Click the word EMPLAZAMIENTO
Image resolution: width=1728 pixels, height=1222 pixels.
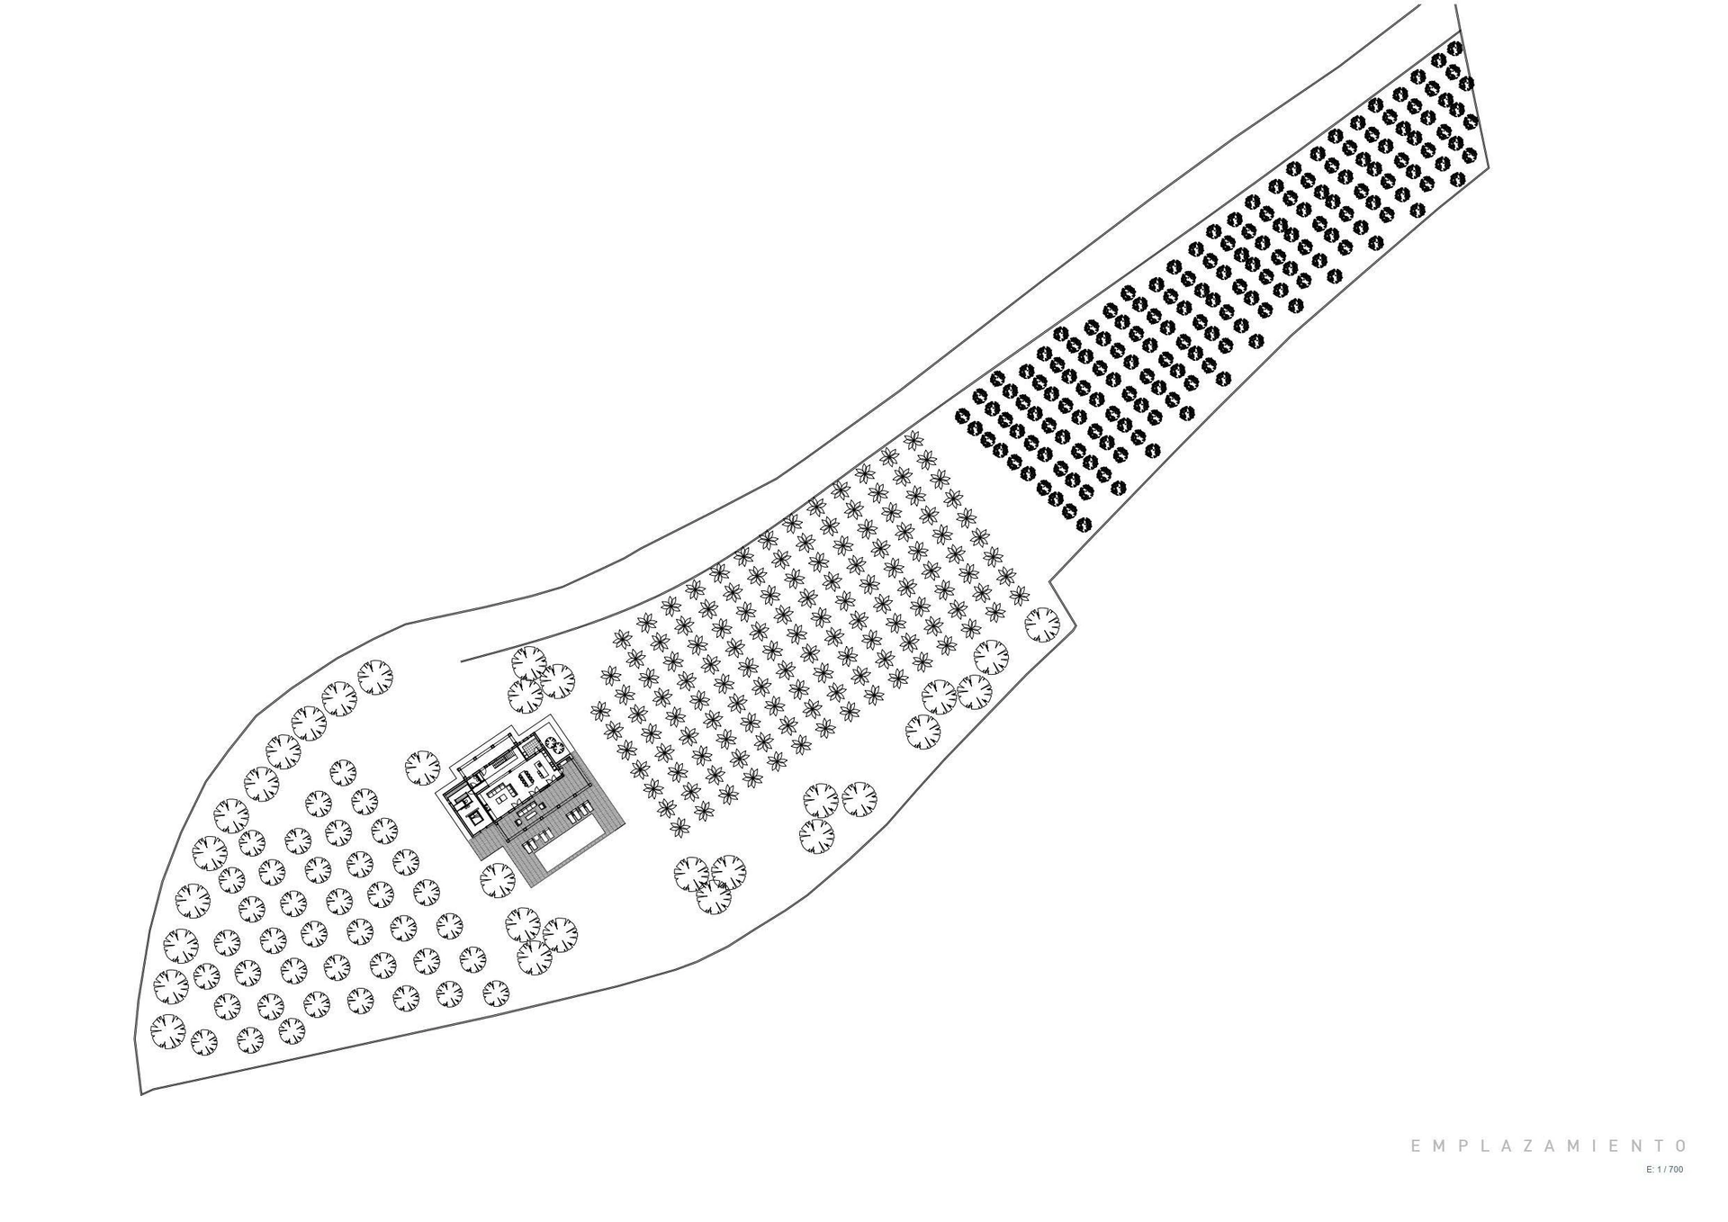(1548, 1146)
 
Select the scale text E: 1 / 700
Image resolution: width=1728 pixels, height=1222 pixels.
(1664, 1170)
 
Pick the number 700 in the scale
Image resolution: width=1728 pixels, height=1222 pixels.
(1676, 1170)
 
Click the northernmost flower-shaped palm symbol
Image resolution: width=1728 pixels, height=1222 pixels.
(913, 440)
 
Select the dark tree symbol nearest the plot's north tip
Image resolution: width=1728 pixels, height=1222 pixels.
(1454, 47)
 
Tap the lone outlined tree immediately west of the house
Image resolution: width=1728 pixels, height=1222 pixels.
(422, 768)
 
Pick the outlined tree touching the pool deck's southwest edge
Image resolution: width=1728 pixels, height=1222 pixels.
(498, 881)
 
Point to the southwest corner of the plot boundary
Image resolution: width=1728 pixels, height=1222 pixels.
(141, 1094)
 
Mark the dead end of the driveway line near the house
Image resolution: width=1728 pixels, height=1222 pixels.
(461, 661)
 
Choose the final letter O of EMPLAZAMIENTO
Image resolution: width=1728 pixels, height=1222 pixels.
(1678, 1146)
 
